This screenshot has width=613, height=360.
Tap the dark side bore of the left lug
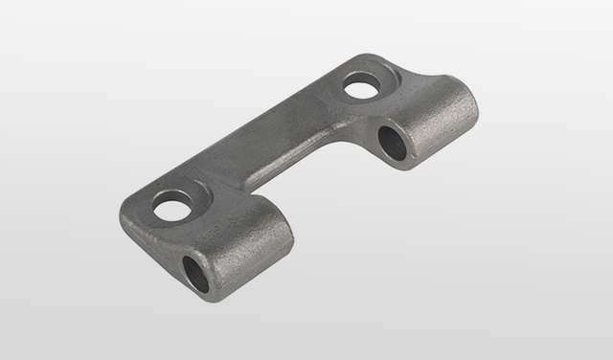point(195,271)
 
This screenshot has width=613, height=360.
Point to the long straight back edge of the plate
point(239,124)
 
